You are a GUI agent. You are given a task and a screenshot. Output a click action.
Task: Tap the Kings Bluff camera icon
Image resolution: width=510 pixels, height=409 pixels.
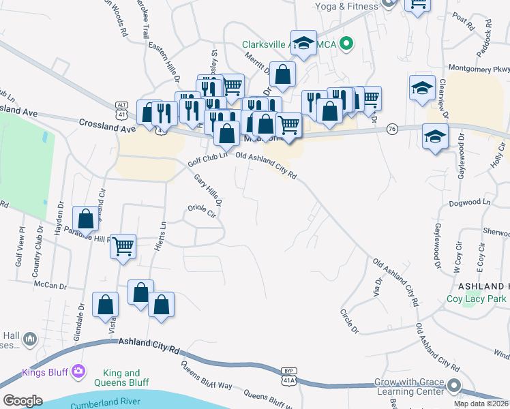point(79,372)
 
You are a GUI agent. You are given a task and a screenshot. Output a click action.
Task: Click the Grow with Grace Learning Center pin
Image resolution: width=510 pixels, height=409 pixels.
point(454,387)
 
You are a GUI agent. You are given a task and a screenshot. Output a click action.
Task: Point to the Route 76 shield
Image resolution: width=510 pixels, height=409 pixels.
point(391,129)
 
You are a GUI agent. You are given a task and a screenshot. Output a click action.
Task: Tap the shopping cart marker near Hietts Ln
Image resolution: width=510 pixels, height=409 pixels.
point(123,246)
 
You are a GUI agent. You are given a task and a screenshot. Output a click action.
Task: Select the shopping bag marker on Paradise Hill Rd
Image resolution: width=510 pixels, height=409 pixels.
point(86,219)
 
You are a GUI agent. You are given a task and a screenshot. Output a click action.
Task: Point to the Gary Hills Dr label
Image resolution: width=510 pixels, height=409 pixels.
point(209,190)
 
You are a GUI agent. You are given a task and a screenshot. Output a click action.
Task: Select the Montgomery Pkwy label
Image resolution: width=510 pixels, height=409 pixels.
point(479,68)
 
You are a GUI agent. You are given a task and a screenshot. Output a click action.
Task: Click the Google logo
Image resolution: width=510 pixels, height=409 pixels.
point(22,400)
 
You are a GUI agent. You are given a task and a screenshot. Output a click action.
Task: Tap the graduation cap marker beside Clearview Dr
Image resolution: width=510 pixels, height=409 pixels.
point(423,89)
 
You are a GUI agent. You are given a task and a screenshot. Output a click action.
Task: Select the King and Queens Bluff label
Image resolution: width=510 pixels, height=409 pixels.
point(121,378)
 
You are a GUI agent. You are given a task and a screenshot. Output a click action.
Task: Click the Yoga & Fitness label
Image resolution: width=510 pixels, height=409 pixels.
point(346,6)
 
